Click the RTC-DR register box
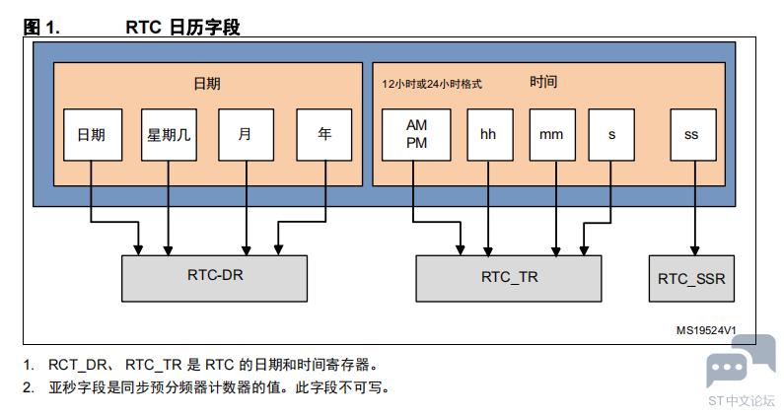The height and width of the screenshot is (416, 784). pos(215,279)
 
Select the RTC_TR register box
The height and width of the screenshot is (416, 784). pos(509,279)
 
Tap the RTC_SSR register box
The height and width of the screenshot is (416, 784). pos(691,279)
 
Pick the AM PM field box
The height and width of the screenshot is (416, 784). pos(416,134)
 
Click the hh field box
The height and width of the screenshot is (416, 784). pos(490,134)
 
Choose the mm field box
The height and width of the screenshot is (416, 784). pos(552,134)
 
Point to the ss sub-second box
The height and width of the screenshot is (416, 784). pos(693,134)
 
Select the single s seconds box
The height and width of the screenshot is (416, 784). pos(611,134)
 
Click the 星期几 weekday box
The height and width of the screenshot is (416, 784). pos(169,134)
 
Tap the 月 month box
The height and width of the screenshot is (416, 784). pos(246,134)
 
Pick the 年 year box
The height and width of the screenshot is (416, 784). pos(324,134)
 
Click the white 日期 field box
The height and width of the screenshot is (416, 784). pos(93,134)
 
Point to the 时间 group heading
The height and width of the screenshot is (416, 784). pos(543,82)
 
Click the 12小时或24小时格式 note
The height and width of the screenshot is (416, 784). pos(432,84)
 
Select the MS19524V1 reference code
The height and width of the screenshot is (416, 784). pos(706,330)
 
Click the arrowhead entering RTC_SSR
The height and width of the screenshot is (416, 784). pos(694,251)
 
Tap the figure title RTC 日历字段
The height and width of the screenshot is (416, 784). pos(182,27)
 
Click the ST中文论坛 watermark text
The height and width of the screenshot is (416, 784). pos(742,401)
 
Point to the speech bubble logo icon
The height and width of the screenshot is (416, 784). pos(741,361)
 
